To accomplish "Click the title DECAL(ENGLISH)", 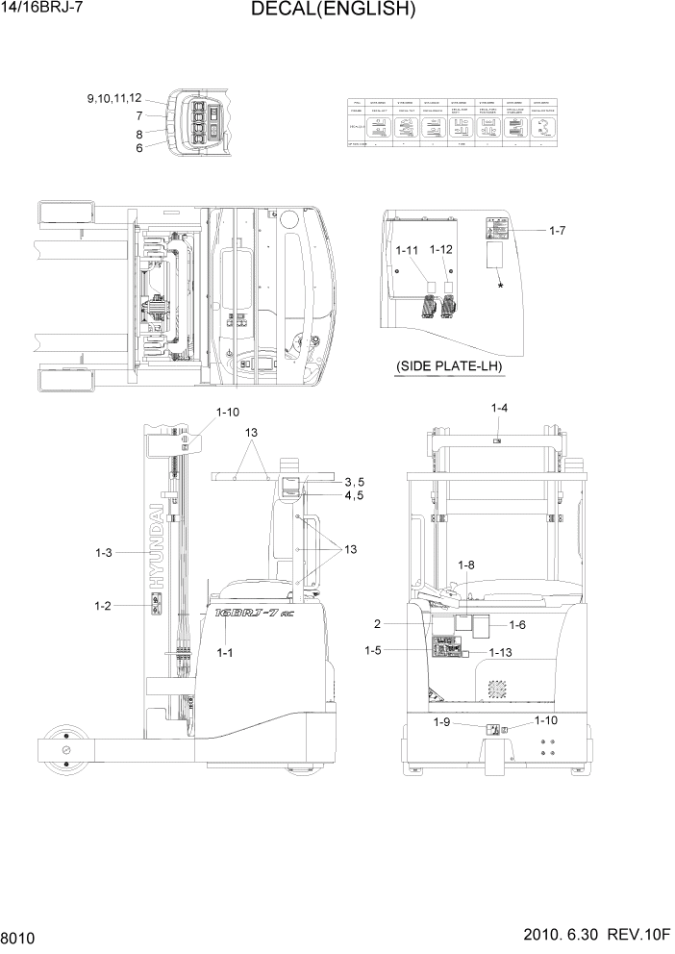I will click(x=333, y=11).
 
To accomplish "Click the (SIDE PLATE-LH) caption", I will click(x=449, y=367).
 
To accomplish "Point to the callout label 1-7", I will click(x=563, y=231).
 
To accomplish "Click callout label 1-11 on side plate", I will click(x=408, y=250).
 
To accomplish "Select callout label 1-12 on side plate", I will click(x=441, y=250).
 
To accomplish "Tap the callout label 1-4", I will click(x=500, y=409).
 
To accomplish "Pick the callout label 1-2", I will click(x=104, y=605).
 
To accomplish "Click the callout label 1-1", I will click(x=226, y=652).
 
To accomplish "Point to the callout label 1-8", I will click(x=466, y=565).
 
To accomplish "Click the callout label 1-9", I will click(x=442, y=721).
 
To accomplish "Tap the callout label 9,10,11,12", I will click(x=114, y=99).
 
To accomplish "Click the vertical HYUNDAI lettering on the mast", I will click(x=156, y=543).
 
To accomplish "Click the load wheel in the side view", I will click(x=66, y=750).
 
